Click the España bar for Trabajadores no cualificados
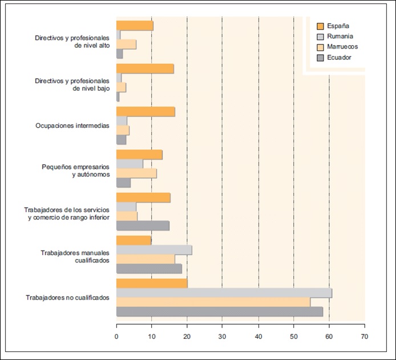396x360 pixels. pyautogui.click(x=152, y=284)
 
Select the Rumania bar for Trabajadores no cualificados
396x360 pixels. pyautogui.click(x=224, y=293)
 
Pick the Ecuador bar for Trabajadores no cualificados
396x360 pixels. pyautogui.click(x=219, y=312)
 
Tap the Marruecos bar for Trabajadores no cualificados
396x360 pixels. pyautogui.click(x=213, y=302)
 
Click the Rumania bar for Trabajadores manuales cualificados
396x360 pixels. pyautogui.click(x=154, y=250)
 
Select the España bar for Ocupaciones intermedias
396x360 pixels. pyautogui.click(x=146, y=112)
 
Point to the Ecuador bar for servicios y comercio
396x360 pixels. pyautogui.click(x=143, y=225)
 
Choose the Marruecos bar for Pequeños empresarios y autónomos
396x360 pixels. pyautogui.click(x=136, y=173)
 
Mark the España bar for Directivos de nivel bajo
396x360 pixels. pyautogui.click(x=145, y=69)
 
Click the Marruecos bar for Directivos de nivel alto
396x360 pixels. pyautogui.click(x=126, y=45)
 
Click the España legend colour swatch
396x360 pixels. pyautogui.click(x=320, y=26)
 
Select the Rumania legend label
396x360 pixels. pyautogui.click(x=341, y=36)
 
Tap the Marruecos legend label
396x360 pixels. pyautogui.click(x=343, y=47)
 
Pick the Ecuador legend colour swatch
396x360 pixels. pyautogui.click(x=320, y=58)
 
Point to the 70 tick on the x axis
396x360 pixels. pyautogui.click(x=364, y=335)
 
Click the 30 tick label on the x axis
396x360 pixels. pyautogui.click(x=222, y=335)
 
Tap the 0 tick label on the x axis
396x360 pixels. pyautogui.click(x=116, y=335)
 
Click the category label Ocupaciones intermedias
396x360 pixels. pyautogui.click(x=72, y=126)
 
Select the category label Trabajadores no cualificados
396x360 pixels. pyautogui.click(x=67, y=298)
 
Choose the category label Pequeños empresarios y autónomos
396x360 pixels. pyautogui.click(x=75, y=171)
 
